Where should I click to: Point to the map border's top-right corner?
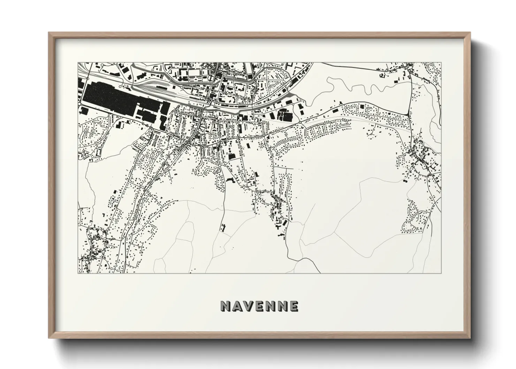(x=441, y=63)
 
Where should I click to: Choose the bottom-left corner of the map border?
(x=78, y=273)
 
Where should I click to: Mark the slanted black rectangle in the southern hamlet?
(x=285, y=221)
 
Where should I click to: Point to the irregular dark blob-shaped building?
(x=230, y=180)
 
